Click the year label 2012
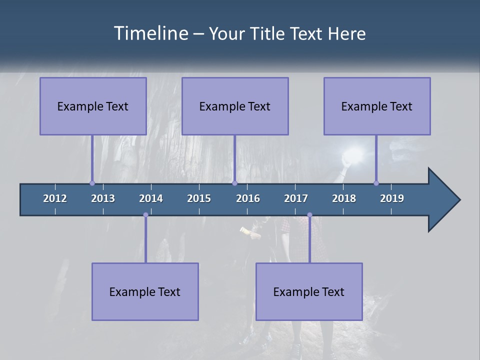(55, 198)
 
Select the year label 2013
(103, 198)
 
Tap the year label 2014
(151, 198)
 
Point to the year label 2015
(199, 198)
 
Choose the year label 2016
(248, 198)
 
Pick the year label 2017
(296, 198)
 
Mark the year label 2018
(344, 198)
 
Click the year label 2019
(392, 198)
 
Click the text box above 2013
(93, 106)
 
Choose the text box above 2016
(235, 106)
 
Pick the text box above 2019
(377, 106)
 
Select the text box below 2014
(145, 291)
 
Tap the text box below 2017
(309, 291)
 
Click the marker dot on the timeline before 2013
(92, 183)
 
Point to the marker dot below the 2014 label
(145, 215)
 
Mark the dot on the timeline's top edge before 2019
(376, 183)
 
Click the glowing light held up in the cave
(356, 154)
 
